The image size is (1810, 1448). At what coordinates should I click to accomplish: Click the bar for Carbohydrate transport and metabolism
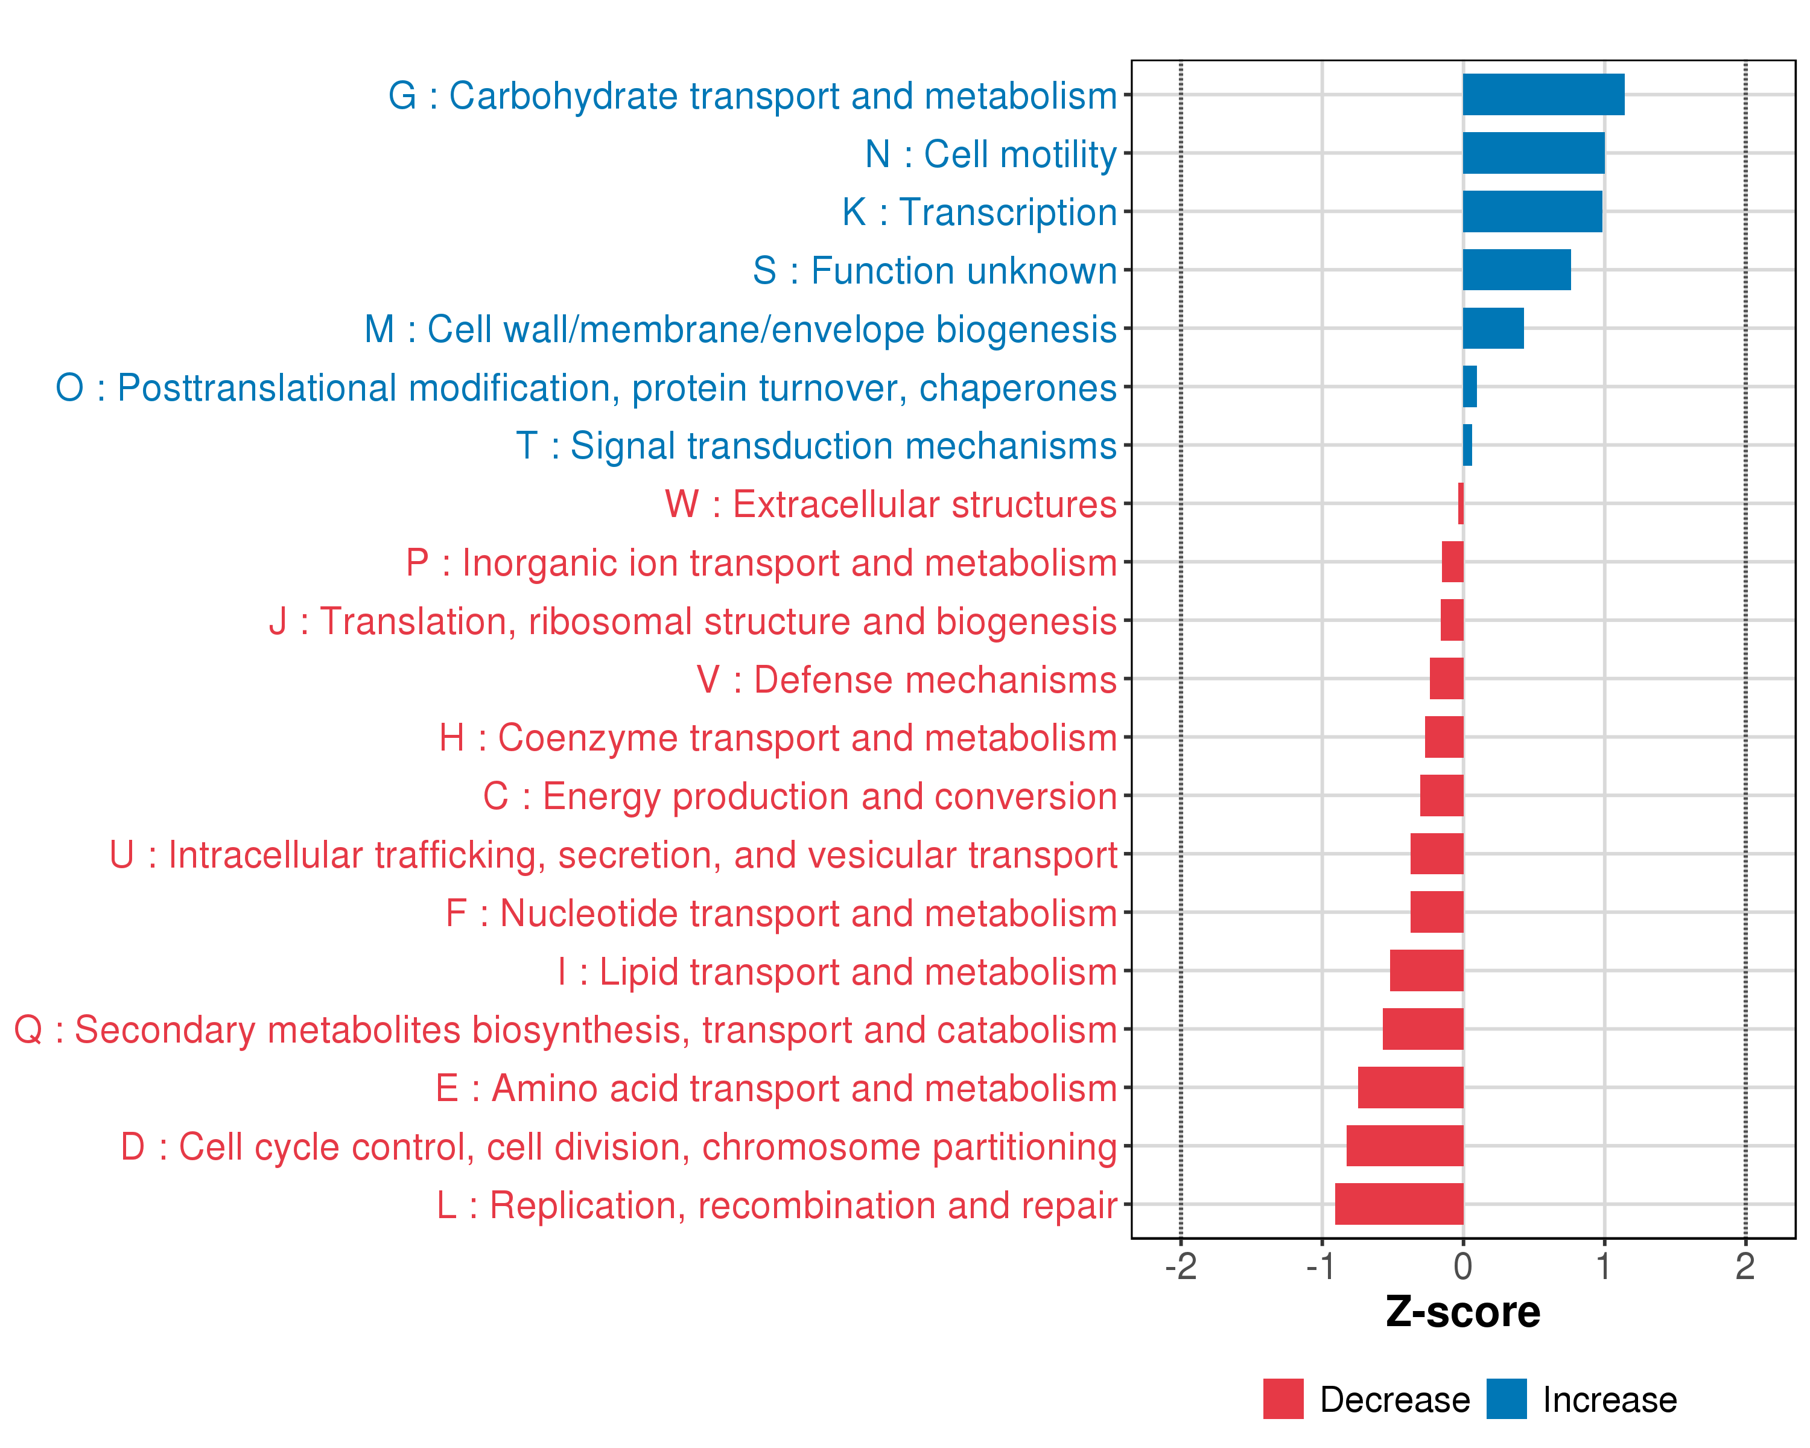coord(1543,95)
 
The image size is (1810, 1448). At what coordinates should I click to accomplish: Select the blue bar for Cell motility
coord(1533,153)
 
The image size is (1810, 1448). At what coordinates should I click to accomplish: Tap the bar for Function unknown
coord(1516,270)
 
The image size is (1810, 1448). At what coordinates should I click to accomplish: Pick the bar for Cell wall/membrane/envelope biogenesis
coord(1493,328)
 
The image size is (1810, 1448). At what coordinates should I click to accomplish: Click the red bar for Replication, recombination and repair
coord(1399,1204)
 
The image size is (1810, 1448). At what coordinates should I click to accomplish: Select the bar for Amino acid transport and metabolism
coord(1411,1087)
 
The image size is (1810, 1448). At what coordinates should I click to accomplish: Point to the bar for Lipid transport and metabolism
coord(1426,970)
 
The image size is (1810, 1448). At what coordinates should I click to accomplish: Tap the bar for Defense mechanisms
coord(1446,678)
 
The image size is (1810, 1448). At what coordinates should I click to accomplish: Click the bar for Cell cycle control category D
coord(1405,1146)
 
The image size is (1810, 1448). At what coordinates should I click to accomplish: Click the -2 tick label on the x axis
coord(1180,1266)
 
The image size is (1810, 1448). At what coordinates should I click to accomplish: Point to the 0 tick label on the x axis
coord(1462,1266)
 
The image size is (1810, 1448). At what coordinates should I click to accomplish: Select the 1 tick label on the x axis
coord(1604,1266)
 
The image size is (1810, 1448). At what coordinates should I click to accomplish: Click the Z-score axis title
coord(1462,1312)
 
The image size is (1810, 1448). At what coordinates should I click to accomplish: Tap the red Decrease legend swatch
coord(1283,1399)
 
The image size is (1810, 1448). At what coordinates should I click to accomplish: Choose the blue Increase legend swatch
coord(1506,1399)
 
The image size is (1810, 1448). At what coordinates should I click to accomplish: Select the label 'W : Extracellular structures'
coord(891,504)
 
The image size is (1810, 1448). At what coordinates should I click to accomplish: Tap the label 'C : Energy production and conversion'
coord(800,796)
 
